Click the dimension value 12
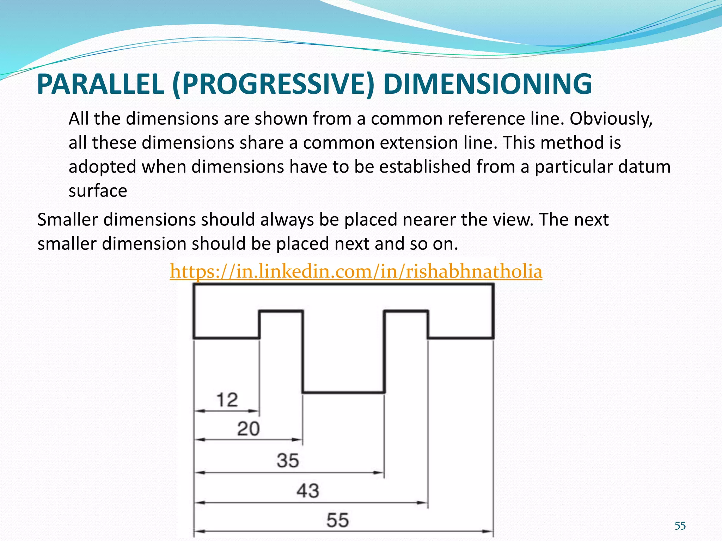coord(227,400)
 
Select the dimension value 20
coord(248,429)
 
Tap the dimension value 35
coord(288,461)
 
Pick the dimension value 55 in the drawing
coord(337,520)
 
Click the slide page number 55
coord(680,526)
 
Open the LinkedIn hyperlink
coord(356,272)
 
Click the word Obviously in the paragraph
coord(611,119)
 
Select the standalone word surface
coord(98,191)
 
